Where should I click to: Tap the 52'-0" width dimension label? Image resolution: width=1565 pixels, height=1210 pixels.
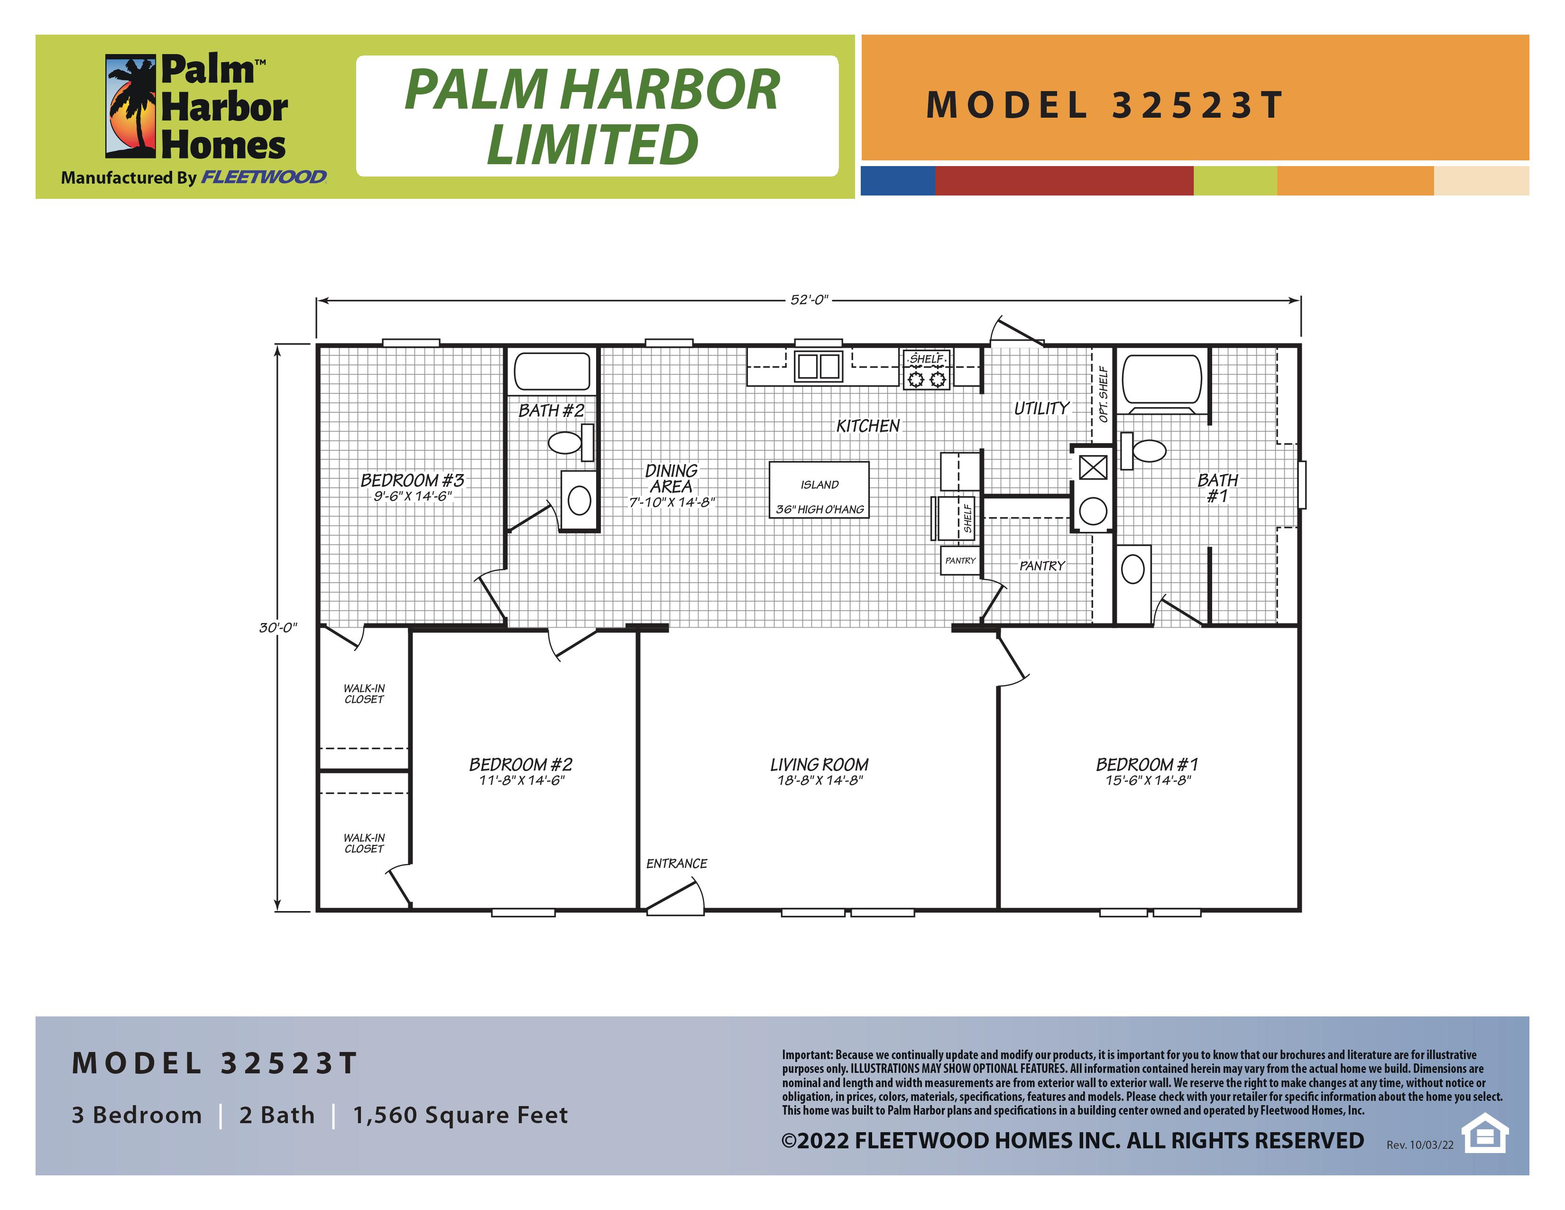(809, 299)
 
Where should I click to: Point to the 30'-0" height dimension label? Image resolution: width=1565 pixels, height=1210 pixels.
(278, 628)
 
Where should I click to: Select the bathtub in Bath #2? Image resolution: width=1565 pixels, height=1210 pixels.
(552, 372)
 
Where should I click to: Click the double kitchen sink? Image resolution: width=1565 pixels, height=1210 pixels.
(819, 366)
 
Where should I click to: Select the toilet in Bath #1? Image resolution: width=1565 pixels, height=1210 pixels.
(1144, 451)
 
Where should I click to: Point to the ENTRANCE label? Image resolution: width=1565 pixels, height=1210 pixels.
(676, 864)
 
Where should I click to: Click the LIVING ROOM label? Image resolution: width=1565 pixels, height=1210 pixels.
(819, 765)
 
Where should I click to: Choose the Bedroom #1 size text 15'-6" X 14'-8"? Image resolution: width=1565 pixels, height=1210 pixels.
(1148, 781)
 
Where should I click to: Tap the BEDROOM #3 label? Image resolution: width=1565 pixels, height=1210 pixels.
(412, 480)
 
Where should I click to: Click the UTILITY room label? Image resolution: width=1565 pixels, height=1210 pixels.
(1041, 409)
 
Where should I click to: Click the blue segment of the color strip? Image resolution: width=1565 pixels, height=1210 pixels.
(898, 181)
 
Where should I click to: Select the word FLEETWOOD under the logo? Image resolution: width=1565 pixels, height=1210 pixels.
(264, 177)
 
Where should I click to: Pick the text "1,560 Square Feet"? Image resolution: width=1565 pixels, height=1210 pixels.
(461, 1116)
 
